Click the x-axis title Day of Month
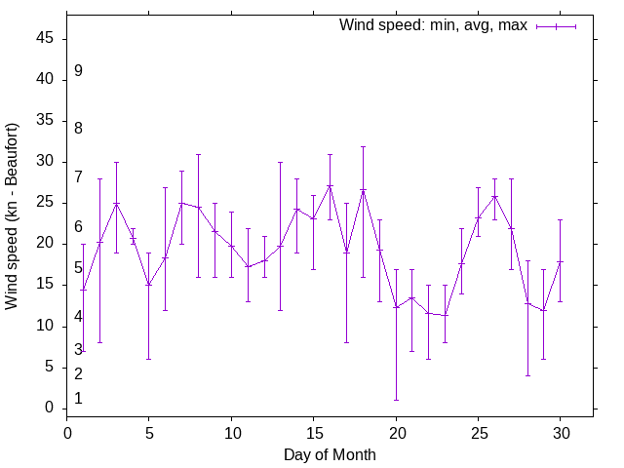coord(330,454)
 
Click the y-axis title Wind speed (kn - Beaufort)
coord(13,216)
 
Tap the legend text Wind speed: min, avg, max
coord(433,25)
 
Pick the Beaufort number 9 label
coord(78,71)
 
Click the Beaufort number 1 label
coord(78,399)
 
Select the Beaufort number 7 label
coord(78,177)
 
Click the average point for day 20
coord(396,307)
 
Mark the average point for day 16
coord(330,186)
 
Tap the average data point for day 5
coord(149,285)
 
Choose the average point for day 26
coord(494,196)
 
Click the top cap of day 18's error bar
coord(363,146)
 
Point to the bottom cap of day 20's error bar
coord(396,400)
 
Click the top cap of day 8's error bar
coord(198,154)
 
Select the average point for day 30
coord(560,261)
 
